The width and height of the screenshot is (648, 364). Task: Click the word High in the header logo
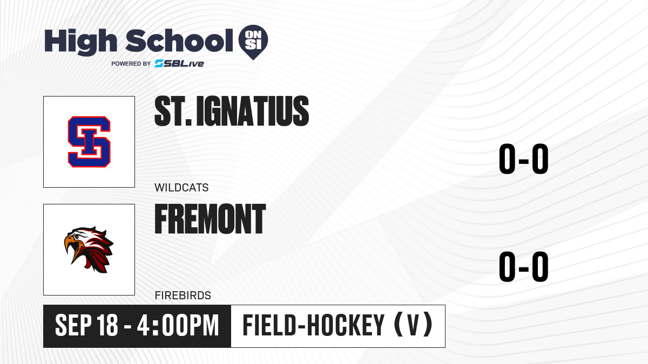80,42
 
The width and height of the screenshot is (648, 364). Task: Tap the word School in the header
179,40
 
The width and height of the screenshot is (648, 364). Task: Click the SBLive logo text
179,63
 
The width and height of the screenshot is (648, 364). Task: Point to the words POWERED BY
131,64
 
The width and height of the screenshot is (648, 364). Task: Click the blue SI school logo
89,142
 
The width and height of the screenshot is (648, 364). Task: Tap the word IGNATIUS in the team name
253,111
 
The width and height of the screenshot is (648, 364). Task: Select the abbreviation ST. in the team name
173,111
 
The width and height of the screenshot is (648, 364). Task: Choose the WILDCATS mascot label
181,188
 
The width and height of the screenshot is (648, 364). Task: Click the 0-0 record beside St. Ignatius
524,159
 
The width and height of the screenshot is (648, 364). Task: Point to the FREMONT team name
210,219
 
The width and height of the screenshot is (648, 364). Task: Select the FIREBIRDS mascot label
183,296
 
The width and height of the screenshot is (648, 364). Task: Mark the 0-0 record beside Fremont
524,266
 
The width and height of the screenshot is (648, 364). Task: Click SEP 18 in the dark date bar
86,325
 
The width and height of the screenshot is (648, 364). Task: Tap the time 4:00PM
178,325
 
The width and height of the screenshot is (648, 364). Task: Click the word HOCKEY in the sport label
346,325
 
